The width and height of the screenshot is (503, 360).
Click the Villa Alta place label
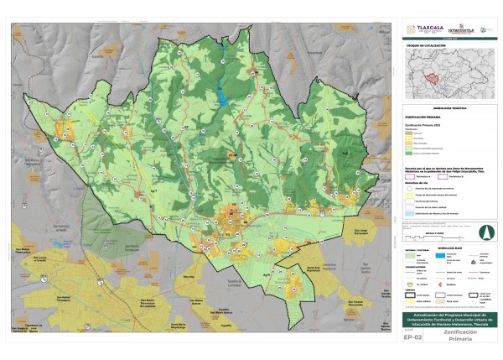(186, 276)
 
